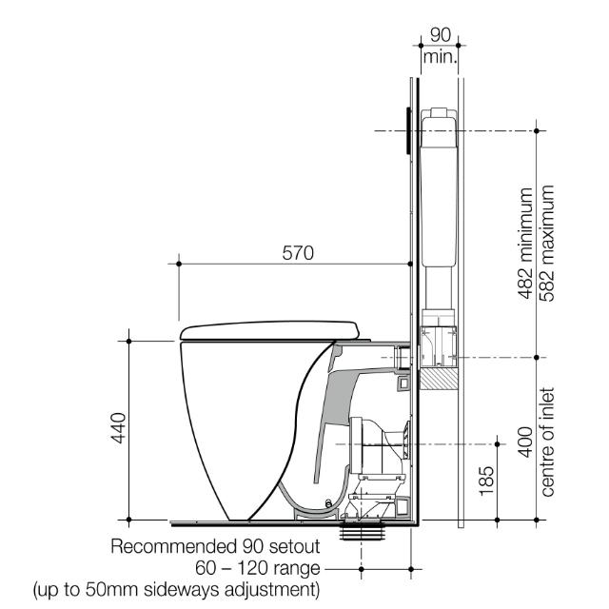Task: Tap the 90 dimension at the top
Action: pos(439,34)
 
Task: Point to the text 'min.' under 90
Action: pos(439,57)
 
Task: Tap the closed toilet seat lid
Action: pos(271,329)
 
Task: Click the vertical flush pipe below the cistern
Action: pos(438,285)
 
